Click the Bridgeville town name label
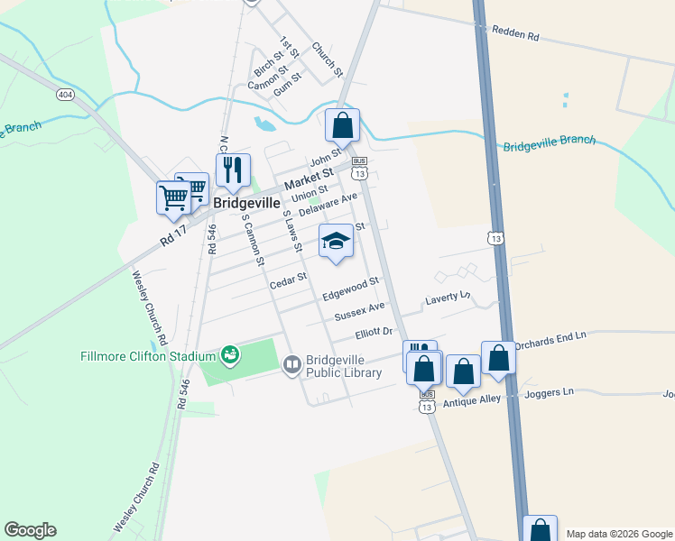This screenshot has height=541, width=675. point(246,204)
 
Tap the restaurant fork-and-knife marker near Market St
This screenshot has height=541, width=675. point(233,170)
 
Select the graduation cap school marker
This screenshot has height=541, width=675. point(336,241)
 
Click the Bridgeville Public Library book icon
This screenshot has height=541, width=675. point(292,364)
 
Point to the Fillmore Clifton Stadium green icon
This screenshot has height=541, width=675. point(230,354)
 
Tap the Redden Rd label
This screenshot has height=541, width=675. point(515,34)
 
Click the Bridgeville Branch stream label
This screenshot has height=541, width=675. point(549,143)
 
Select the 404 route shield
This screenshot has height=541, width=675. point(64,94)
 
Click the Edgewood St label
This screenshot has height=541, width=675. point(350,290)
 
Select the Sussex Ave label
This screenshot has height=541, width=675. point(359,311)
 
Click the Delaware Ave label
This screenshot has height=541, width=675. point(328,204)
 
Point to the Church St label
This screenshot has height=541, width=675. point(328,60)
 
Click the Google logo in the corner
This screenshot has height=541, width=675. point(30,530)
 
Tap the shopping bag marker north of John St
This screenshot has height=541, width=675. point(343,125)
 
